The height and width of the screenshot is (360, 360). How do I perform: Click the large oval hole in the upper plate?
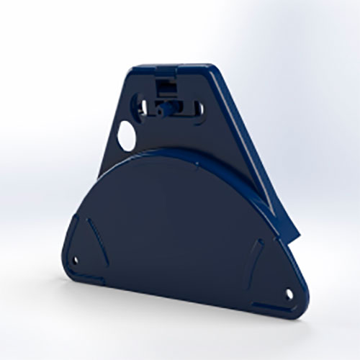click(127, 136)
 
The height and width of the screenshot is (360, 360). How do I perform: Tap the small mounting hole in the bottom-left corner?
click(76, 261)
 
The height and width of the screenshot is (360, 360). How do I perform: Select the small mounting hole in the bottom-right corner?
click(289, 294)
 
